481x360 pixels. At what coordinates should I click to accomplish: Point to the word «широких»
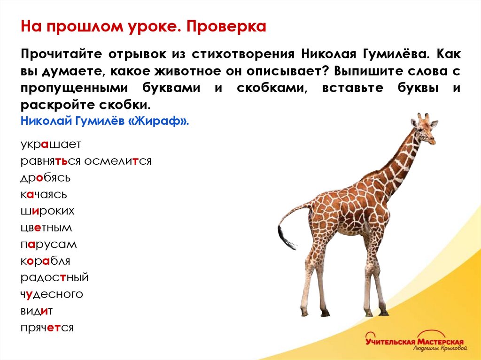point(47,211)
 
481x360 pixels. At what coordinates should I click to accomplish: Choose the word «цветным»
point(46,228)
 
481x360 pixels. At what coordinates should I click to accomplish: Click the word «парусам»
point(48,245)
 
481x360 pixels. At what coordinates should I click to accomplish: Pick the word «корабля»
point(45,261)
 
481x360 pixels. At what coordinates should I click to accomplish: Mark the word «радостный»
point(54,277)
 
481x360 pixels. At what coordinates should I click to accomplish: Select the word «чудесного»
point(52,294)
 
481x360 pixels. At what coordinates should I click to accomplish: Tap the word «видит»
point(36,311)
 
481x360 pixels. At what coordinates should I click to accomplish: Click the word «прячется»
point(47,328)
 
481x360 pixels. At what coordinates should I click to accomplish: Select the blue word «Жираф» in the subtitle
point(161,121)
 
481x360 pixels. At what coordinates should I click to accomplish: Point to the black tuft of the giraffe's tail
point(285,237)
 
